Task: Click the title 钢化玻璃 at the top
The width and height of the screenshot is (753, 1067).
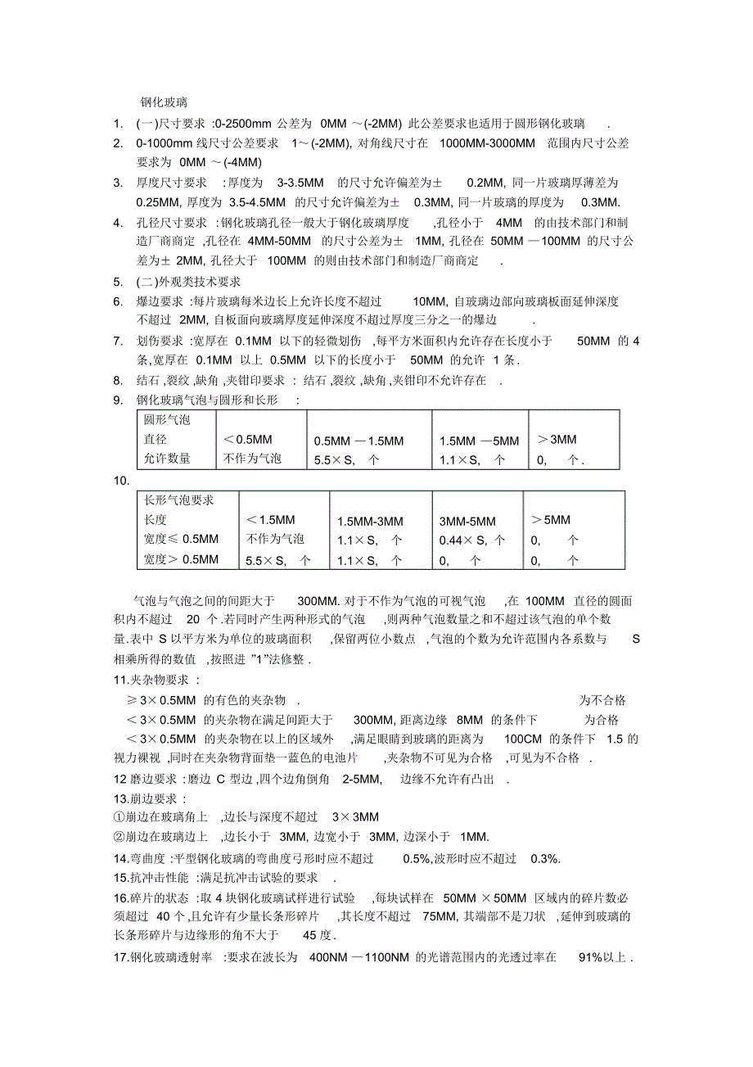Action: (x=164, y=103)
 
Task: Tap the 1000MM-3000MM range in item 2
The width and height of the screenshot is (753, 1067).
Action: (x=487, y=143)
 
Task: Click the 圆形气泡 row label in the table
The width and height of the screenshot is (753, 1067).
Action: (x=167, y=420)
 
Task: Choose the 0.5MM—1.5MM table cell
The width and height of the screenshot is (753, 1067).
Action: (x=358, y=441)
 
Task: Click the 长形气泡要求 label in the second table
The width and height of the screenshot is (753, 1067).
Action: (x=179, y=500)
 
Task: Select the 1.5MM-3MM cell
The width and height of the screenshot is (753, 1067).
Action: (x=370, y=521)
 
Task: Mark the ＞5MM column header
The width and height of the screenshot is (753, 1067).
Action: (x=550, y=519)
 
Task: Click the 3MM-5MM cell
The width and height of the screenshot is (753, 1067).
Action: (x=467, y=521)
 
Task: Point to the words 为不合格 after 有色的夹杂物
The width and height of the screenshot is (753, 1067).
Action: (x=602, y=700)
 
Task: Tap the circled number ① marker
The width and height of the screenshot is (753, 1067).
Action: (x=119, y=817)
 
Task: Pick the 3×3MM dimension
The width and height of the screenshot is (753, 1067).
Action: (x=355, y=817)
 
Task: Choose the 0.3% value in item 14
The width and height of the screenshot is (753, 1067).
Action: (x=545, y=858)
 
